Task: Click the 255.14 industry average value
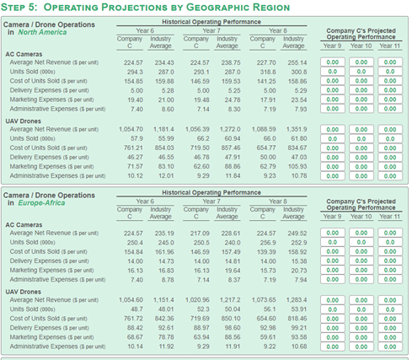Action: point(297,62)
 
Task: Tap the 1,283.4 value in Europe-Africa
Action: point(297,300)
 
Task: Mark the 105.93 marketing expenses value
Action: point(297,166)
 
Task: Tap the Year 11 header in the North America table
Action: point(389,45)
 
